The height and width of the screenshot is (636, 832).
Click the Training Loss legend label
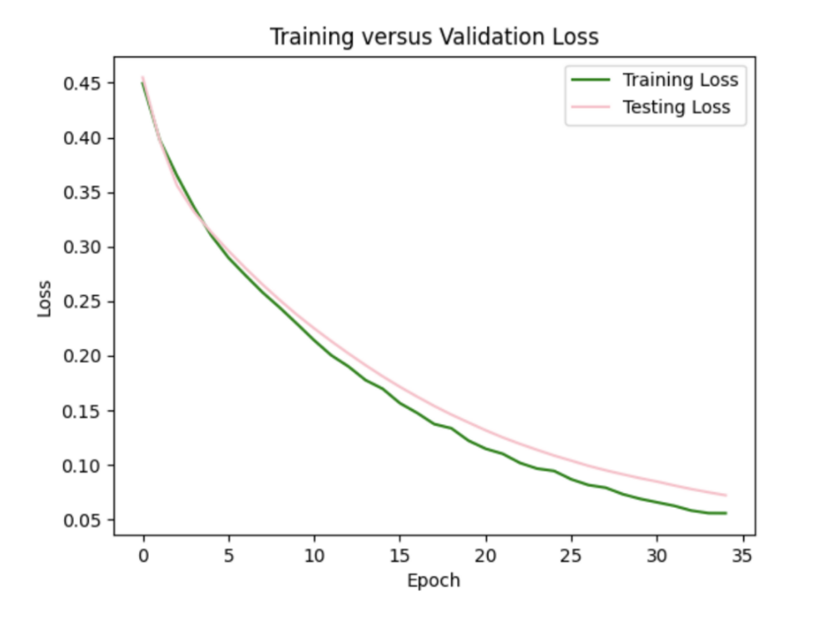click(x=681, y=81)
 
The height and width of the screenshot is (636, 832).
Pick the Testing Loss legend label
click(x=676, y=107)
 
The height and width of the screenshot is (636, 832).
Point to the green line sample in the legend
click(x=592, y=81)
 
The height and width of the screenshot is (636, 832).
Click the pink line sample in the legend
click(x=592, y=107)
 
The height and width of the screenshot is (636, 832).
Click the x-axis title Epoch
click(x=433, y=580)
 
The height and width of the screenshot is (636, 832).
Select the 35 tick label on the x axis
click(x=743, y=555)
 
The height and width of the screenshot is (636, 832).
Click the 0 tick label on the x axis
click(x=143, y=555)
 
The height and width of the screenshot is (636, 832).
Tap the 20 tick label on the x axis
click(x=486, y=555)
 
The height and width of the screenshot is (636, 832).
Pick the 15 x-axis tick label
click(x=400, y=555)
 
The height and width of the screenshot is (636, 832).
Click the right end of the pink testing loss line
click(x=726, y=495)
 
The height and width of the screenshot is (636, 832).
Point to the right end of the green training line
click(x=726, y=513)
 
